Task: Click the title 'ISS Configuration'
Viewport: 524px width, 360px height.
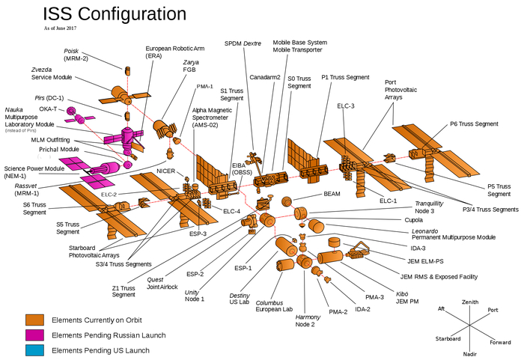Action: (x=115, y=13)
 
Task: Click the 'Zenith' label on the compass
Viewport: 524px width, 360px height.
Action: (x=470, y=302)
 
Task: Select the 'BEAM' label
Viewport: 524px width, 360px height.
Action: (x=332, y=193)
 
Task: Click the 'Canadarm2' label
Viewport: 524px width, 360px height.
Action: (x=264, y=76)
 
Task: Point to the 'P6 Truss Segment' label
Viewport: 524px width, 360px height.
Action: (x=474, y=123)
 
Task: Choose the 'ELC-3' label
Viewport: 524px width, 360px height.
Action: (x=346, y=106)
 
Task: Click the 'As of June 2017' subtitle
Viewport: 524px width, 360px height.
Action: (x=66, y=28)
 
